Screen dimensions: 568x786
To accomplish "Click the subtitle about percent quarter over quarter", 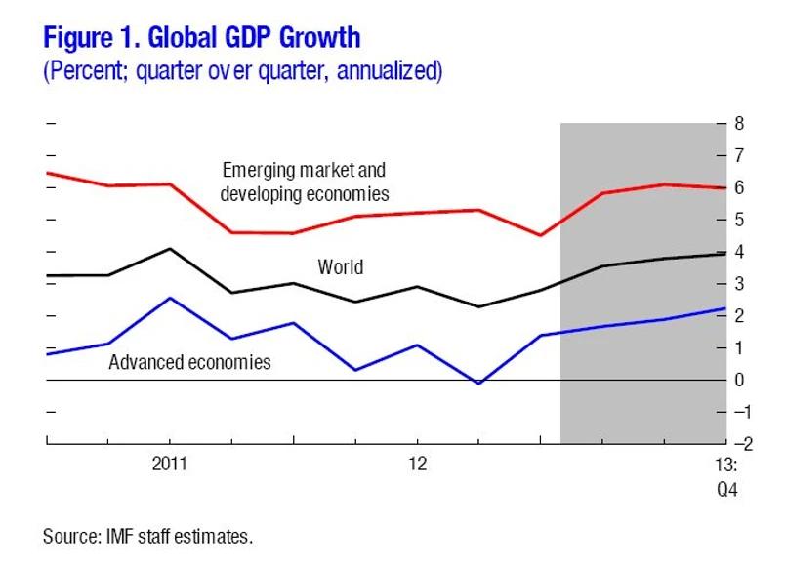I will pos(242,72).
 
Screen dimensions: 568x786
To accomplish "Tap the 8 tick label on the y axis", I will pos(739,124).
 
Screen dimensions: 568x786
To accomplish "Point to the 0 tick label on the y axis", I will pos(739,380).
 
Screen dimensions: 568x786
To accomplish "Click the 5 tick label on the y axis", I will pos(739,220).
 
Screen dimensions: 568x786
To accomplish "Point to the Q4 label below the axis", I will pos(725,489).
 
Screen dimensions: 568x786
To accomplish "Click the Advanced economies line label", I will pos(189,362).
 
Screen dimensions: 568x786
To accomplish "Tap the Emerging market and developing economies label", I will pos(305,183).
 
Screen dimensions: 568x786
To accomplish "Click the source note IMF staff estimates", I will pos(147,536).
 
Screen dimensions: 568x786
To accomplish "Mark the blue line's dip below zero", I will pos(478,384).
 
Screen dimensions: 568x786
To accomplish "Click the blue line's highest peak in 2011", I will pos(171,298).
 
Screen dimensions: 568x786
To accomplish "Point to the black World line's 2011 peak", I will pos(171,249).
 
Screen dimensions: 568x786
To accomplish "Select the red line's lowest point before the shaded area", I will pos(540,235).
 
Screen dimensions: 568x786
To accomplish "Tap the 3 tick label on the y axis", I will pos(739,284).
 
